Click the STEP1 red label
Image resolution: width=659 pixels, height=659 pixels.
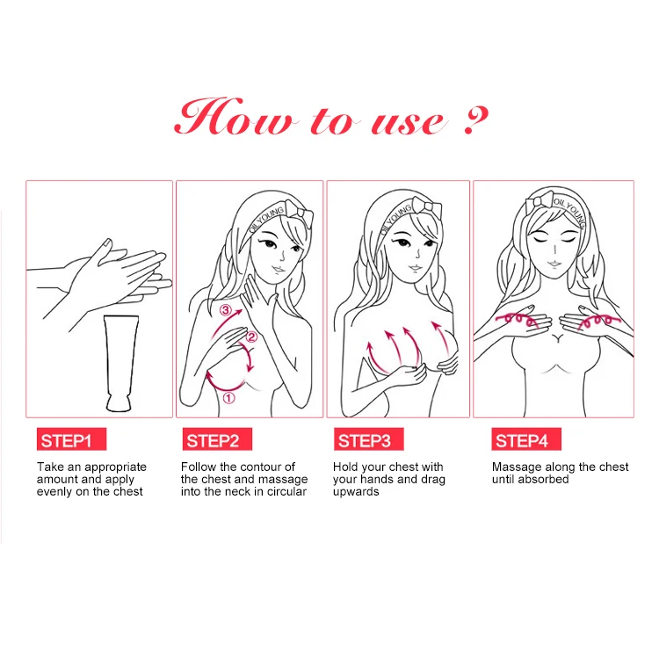[x=71, y=439]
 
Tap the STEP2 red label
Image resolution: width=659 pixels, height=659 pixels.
[x=217, y=439]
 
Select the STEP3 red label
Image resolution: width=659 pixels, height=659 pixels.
[x=368, y=439]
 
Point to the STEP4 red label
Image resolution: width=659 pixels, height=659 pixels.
[x=526, y=439]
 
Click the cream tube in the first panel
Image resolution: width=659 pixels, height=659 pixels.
[x=120, y=363]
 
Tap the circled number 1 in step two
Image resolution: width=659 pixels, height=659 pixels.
[x=228, y=398]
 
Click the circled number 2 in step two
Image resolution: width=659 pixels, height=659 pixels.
[x=251, y=337]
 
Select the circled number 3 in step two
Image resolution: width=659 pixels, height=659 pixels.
[x=226, y=310]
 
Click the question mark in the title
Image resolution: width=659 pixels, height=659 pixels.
[x=476, y=120]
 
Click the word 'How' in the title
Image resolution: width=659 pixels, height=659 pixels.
[x=234, y=117]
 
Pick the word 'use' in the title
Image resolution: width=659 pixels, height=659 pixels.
[x=407, y=123]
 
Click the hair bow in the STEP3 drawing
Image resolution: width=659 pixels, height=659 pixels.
[x=427, y=208]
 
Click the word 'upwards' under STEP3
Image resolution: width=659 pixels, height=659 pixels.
[x=356, y=492]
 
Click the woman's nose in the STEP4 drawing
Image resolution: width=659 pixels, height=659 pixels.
[x=555, y=250]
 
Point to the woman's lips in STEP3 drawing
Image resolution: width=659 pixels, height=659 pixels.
[x=416, y=268]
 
